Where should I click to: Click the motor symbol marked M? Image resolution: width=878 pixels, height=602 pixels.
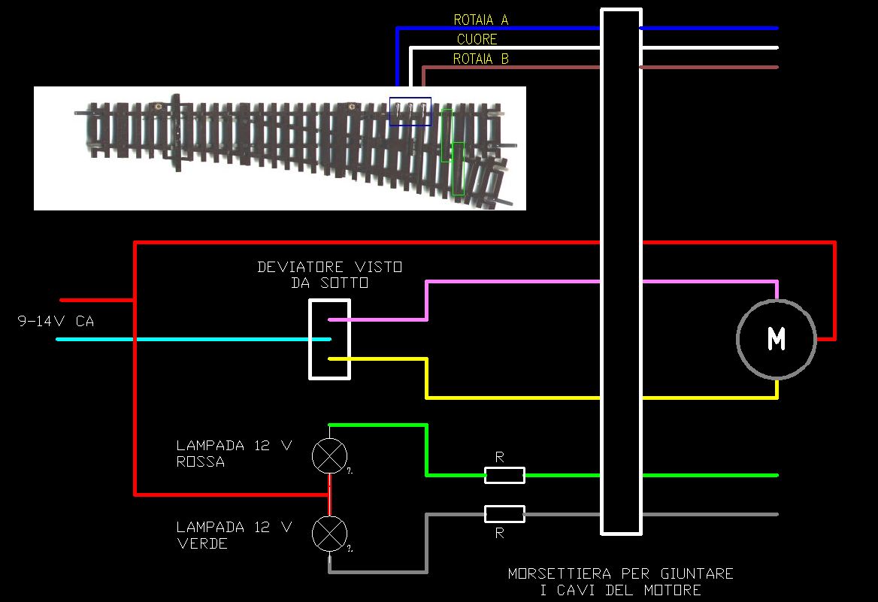tap(777, 339)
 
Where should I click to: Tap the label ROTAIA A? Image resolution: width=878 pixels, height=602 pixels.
tap(480, 20)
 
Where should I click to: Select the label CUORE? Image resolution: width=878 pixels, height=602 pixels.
tap(477, 39)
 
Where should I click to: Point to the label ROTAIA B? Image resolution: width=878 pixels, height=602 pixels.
tap(480, 59)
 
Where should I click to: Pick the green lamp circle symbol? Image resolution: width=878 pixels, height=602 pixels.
tap(330, 534)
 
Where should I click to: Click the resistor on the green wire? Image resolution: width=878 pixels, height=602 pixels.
tap(504, 475)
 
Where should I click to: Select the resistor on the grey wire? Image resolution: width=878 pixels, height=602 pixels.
tap(504, 514)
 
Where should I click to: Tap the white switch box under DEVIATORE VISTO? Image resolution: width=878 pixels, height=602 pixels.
tap(330, 339)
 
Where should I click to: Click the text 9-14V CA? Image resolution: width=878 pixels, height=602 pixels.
tap(56, 322)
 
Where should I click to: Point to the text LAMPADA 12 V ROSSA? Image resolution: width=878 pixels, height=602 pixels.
tap(233, 453)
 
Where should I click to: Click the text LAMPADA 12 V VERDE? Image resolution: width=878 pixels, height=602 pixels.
tap(233, 534)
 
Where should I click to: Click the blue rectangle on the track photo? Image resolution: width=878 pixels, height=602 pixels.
tap(410, 111)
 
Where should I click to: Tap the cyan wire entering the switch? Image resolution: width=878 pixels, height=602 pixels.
tap(188, 339)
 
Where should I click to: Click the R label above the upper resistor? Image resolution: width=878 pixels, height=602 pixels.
tap(500, 457)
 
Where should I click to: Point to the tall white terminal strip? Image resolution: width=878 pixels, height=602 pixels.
tap(621, 271)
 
